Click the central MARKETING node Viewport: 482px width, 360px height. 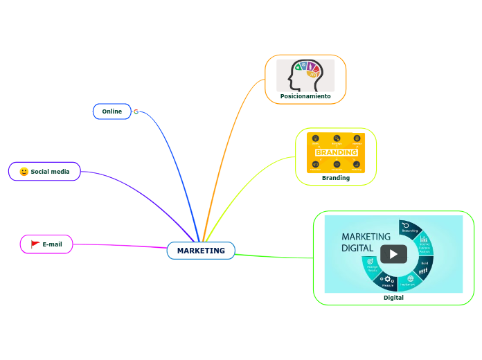click(x=201, y=251)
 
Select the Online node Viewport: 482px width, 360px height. click(x=111, y=111)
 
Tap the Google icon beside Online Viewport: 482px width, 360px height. click(x=136, y=111)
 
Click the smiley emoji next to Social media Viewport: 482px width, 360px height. click(x=24, y=172)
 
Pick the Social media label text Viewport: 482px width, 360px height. click(x=50, y=172)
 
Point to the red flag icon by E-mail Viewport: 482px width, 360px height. click(x=35, y=244)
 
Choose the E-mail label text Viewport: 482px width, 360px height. click(x=53, y=244)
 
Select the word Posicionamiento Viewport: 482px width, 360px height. click(x=305, y=96)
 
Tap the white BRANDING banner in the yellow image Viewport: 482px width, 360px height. click(x=336, y=152)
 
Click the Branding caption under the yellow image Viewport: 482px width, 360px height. click(x=336, y=178)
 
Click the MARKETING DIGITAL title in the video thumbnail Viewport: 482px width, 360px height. click(x=366, y=242)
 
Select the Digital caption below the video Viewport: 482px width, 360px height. click(x=393, y=298)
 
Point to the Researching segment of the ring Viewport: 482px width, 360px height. click(x=410, y=229)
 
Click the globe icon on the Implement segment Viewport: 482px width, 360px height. click(x=410, y=279)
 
